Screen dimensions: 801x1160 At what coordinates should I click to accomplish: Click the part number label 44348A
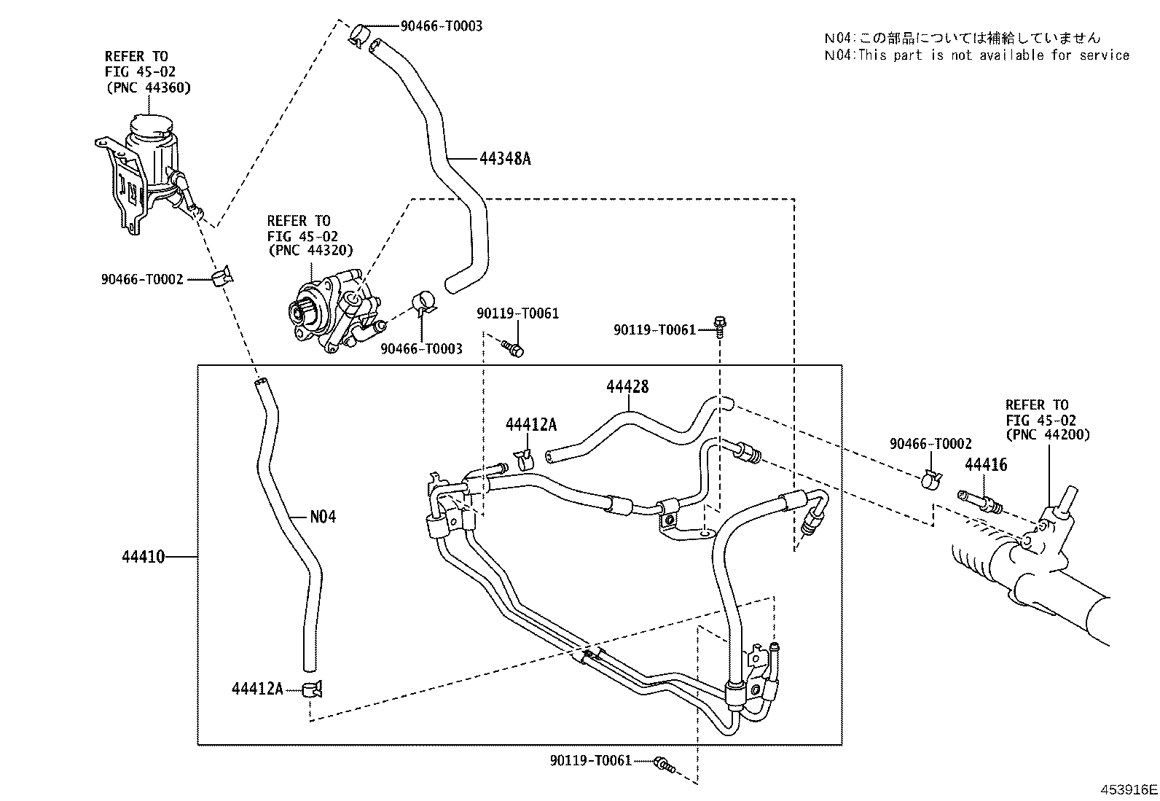coord(505,158)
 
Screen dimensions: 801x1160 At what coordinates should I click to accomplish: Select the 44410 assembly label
coord(144,557)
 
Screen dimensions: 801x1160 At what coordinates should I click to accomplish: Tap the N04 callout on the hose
coord(323,517)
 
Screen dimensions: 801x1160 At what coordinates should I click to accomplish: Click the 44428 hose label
coord(627,387)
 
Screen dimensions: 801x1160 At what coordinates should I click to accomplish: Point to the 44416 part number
coord(986,464)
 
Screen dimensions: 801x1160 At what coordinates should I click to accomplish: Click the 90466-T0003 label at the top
coord(441,26)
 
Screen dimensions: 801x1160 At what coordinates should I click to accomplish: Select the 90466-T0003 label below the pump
coord(421,349)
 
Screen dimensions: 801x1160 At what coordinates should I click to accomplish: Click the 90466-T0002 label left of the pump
coord(142,279)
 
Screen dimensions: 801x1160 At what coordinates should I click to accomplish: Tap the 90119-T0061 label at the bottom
coord(590,761)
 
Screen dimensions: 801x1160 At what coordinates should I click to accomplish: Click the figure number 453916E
coord(1129,789)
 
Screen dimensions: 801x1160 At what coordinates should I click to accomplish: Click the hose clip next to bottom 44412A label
coord(313,689)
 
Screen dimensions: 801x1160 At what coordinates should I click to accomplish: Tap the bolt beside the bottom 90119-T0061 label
coord(664,765)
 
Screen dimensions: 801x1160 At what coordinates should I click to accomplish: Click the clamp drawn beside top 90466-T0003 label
coord(358,34)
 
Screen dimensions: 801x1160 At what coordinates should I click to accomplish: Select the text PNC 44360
coord(148,88)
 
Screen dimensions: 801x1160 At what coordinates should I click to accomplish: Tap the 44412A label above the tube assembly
coord(530,425)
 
